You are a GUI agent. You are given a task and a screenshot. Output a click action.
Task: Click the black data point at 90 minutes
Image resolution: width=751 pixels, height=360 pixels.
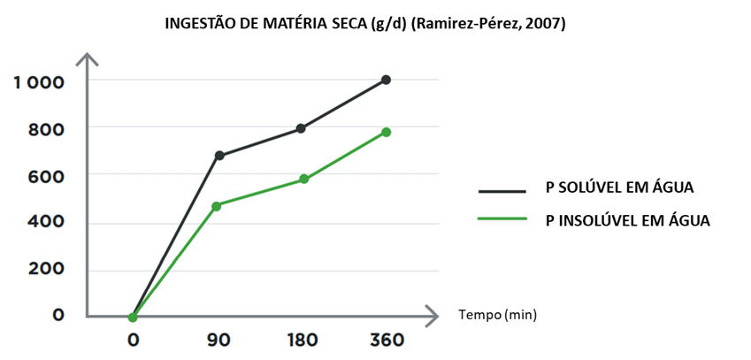(x=219, y=156)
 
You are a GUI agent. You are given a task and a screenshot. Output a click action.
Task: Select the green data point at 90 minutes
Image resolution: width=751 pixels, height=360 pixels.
(x=216, y=206)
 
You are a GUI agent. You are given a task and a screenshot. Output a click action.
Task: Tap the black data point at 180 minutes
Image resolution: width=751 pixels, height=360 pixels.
(x=301, y=128)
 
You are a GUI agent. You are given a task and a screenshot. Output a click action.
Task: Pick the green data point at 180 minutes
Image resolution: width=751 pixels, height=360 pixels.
(x=303, y=179)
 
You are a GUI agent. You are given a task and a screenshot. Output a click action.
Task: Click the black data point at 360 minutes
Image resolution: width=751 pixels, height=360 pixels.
(x=386, y=80)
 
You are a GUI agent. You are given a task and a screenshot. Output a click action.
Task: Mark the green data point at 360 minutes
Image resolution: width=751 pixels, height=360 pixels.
(x=386, y=132)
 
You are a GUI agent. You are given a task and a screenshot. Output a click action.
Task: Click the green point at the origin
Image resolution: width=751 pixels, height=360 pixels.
(x=133, y=317)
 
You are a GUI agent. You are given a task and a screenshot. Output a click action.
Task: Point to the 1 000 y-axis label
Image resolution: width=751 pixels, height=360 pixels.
(x=39, y=82)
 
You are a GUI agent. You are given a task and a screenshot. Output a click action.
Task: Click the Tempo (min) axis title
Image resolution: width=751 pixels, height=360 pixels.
(x=497, y=314)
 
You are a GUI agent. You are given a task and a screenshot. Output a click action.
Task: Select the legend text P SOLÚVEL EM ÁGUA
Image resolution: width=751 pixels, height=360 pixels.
(x=618, y=188)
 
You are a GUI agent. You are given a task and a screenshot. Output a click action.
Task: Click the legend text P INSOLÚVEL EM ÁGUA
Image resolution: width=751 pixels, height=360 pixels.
(x=627, y=219)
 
